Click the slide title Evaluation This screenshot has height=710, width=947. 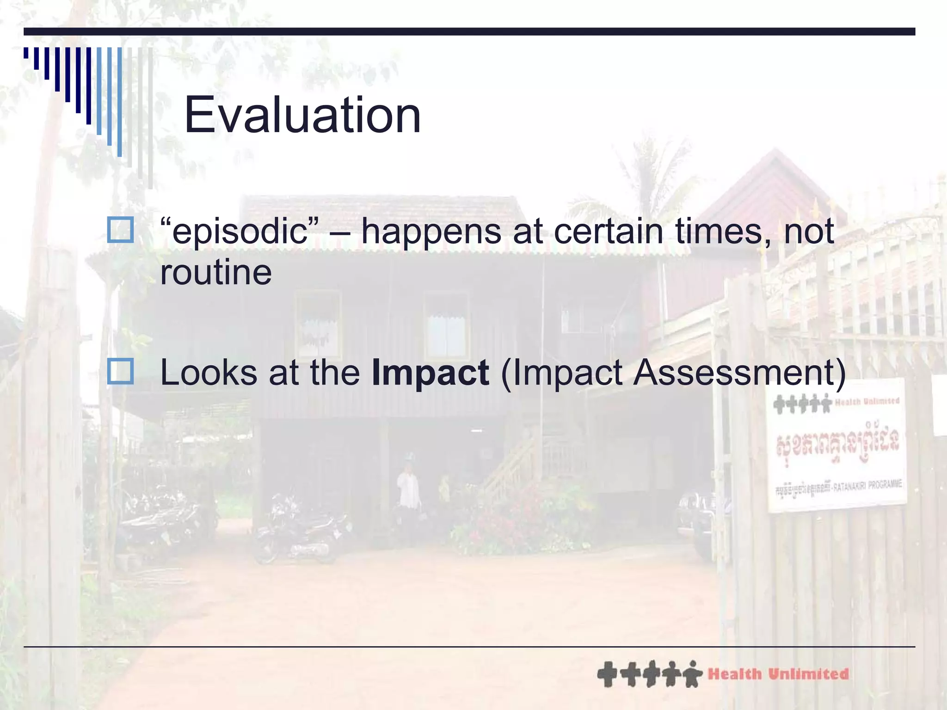point(302,115)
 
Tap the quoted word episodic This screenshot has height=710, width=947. point(240,231)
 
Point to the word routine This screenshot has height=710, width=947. point(216,273)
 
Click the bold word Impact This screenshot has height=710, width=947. point(430,373)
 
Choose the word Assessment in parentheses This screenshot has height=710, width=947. point(735,373)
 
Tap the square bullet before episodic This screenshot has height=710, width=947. point(120,230)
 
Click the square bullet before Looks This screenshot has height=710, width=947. point(120,371)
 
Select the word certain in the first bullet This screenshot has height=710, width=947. point(609,231)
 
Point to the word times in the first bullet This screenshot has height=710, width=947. point(721,231)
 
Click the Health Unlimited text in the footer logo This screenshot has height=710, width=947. point(778,674)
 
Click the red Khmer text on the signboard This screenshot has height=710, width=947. point(837,442)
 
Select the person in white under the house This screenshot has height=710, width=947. point(408,490)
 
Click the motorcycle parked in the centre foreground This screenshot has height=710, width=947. point(301,532)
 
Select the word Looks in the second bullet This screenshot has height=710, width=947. point(208,373)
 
